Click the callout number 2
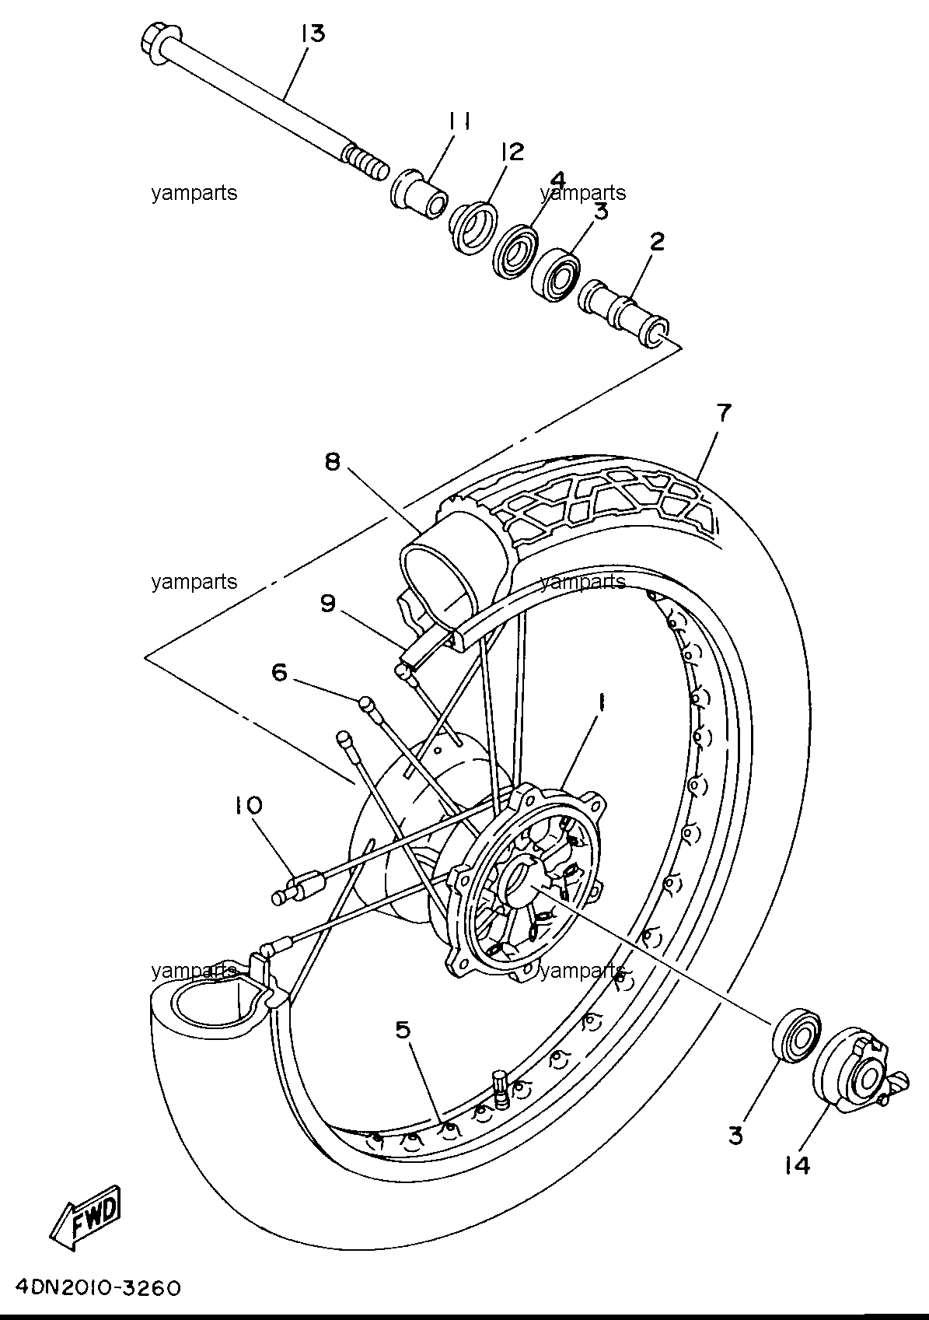click(657, 241)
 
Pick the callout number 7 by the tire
click(723, 412)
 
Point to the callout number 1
click(602, 702)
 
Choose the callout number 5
click(403, 1030)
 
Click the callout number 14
click(797, 1165)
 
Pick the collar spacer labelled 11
click(419, 195)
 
